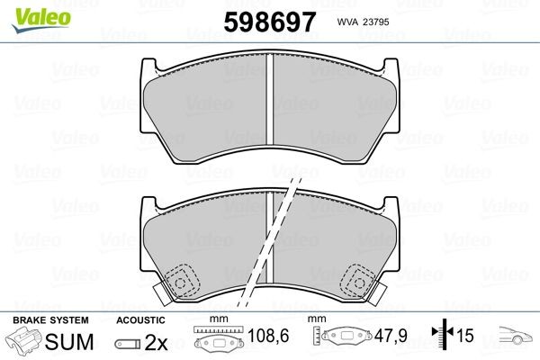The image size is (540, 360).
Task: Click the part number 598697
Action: [270, 22]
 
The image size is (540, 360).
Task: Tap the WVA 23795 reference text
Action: [363, 22]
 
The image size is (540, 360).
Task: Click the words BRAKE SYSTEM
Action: [50, 320]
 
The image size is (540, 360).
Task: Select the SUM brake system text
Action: [69, 341]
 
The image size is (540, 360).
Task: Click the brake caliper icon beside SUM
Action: [23, 339]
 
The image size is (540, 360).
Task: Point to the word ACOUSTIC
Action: [140, 320]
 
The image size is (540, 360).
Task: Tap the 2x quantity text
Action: [156, 343]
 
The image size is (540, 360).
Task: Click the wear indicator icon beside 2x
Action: [128, 344]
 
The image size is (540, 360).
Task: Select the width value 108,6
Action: [268, 336]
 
